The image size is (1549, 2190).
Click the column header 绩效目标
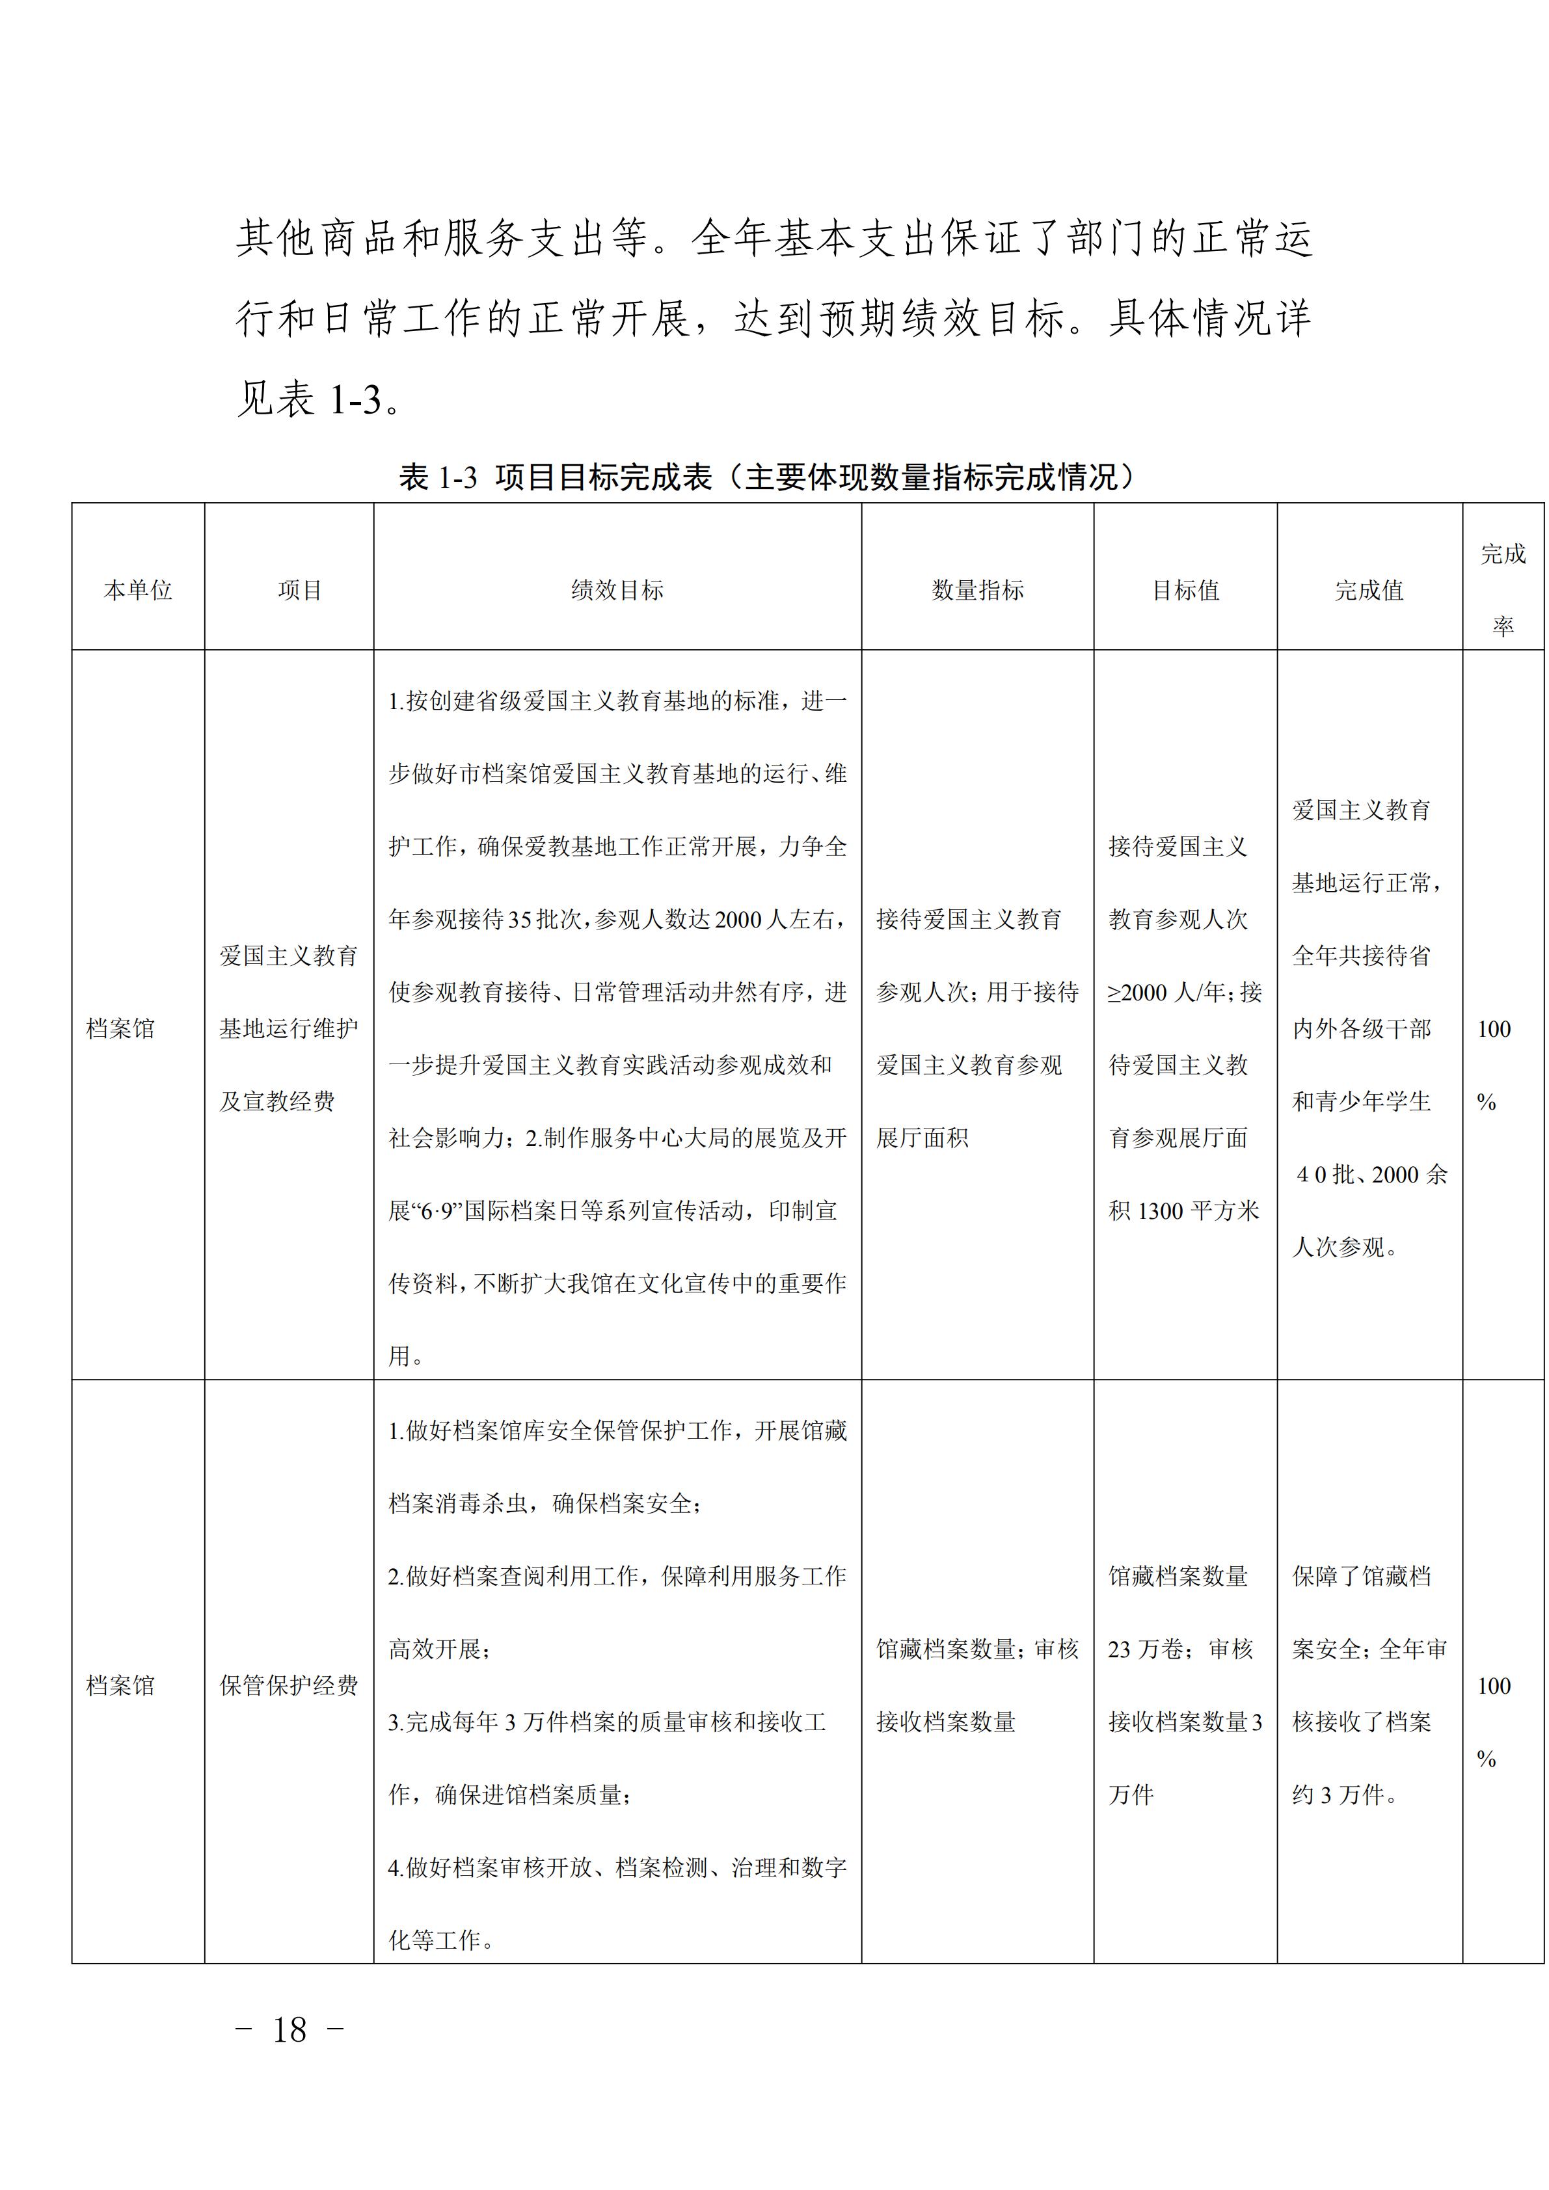(x=617, y=591)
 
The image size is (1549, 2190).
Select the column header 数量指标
(x=978, y=591)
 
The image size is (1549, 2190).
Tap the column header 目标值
(x=1185, y=591)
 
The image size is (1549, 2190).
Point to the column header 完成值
(x=1369, y=591)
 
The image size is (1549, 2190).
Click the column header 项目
(x=299, y=591)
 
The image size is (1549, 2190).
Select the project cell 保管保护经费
(x=289, y=1685)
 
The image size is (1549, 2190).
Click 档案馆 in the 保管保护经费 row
(x=120, y=1685)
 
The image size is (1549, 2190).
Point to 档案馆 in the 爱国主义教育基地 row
(x=120, y=1028)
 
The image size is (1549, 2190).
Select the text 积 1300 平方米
(x=1183, y=1210)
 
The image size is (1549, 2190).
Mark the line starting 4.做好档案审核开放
(x=617, y=1867)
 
